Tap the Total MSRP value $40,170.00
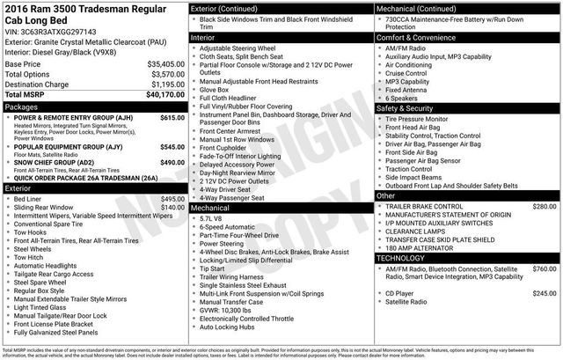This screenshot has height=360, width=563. coord(160,94)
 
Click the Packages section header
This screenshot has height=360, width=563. coord(22,107)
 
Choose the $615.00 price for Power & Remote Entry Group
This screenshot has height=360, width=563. coord(172,117)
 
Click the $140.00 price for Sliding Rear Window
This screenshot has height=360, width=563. coord(172,208)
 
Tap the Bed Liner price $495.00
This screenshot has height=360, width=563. coord(172,199)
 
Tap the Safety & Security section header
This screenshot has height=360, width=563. coord(410,107)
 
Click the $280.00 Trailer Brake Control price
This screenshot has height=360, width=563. coord(545,205)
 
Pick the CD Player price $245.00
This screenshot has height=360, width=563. coord(545,292)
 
